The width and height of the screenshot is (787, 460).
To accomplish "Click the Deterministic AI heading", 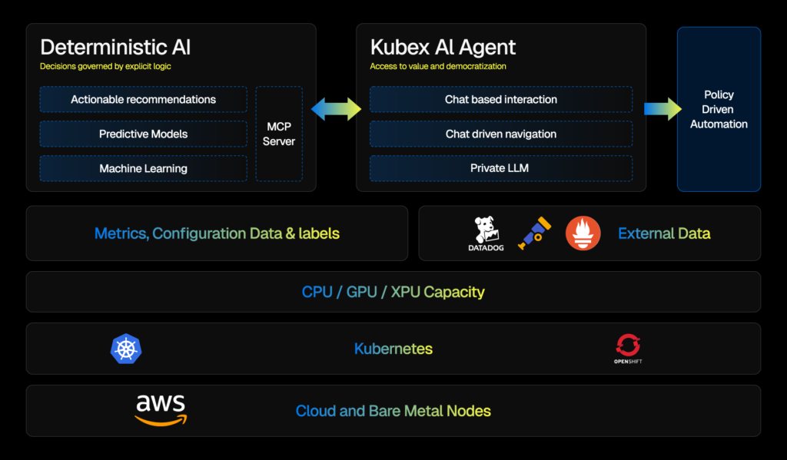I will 115,48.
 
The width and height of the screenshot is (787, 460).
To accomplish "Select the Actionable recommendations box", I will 143,100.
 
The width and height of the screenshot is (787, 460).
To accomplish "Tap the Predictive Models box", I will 143,134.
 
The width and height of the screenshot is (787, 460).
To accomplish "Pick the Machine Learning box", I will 143,168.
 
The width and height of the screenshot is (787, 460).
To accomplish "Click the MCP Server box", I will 278,134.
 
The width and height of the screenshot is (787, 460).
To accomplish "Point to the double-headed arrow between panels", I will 336,108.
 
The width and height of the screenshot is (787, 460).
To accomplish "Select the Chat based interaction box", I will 500,100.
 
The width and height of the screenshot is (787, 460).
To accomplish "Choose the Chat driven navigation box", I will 500,134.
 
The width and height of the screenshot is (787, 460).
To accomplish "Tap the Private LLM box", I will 500,168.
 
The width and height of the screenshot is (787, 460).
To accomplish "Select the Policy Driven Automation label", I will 719,109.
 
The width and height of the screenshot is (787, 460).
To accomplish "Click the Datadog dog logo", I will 486,230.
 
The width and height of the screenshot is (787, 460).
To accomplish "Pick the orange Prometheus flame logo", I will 583,233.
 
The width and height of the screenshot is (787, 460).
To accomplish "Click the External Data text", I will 664,233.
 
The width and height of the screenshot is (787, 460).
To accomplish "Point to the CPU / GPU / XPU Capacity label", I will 393,292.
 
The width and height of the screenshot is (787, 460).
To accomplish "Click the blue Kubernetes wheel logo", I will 126,349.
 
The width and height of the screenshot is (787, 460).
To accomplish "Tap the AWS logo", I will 161,409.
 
